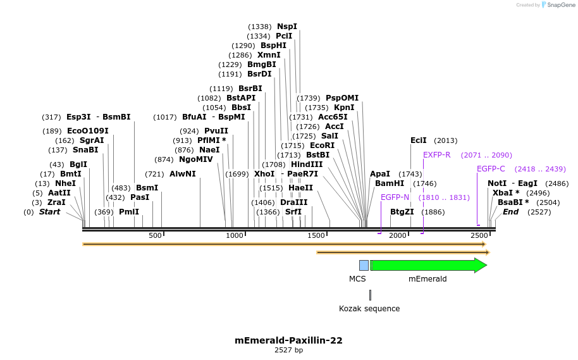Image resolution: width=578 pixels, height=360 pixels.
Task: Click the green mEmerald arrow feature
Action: pos(427,265)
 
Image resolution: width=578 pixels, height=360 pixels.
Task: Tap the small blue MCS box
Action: pos(364,265)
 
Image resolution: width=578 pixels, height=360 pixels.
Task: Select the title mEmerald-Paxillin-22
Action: pos(288,340)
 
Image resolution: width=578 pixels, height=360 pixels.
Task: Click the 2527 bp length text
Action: pos(288,350)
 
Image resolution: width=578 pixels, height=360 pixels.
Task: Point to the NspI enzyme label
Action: pos(286,27)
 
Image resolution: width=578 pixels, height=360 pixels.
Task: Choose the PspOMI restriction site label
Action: pos(342,98)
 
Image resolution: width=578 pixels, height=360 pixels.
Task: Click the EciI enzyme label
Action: pos(419,140)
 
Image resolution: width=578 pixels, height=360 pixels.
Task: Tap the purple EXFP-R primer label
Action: pos(437,155)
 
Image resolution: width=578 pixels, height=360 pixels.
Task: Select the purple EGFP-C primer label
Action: pos(491,169)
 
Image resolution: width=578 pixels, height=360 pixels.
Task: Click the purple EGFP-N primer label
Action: pos(395,197)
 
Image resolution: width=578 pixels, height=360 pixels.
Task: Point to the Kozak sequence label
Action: pos(369,309)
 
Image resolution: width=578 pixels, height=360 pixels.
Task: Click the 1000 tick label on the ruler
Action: pos(235,236)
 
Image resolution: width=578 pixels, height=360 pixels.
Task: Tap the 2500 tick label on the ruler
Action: pos(479,236)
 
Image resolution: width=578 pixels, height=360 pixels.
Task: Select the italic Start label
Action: pos(49,212)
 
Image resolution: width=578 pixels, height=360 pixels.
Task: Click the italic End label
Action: pos(511,212)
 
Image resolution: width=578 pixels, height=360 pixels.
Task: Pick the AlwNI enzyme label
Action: pos(183,174)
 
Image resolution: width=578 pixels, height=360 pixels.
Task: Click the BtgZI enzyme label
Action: pos(402,212)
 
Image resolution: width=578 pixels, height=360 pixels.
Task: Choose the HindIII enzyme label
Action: pos(307,164)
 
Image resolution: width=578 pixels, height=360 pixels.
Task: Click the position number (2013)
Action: pos(446,140)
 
